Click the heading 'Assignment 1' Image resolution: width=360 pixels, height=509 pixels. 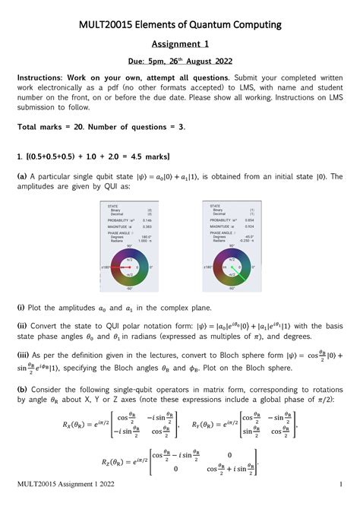(x=179, y=45)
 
